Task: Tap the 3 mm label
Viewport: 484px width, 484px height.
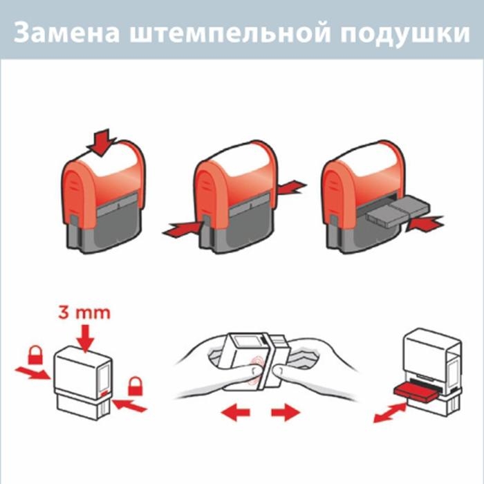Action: [83, 312]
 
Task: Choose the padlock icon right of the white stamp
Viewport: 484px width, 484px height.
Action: [135, 384]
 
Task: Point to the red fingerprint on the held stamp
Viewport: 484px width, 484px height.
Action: [256, 365]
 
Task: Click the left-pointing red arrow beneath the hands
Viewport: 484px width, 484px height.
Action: [235, 413]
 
